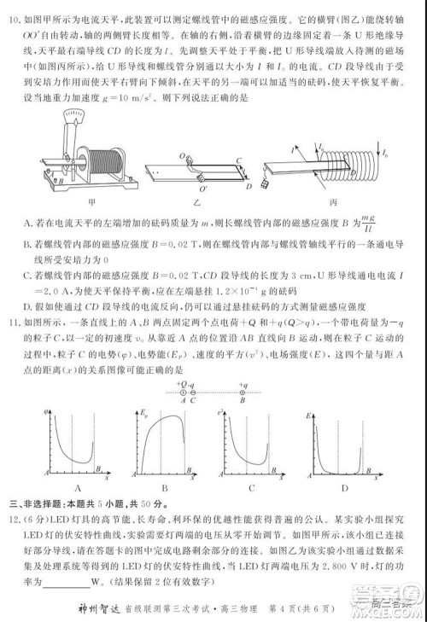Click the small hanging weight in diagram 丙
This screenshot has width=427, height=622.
tap(267, 186)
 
